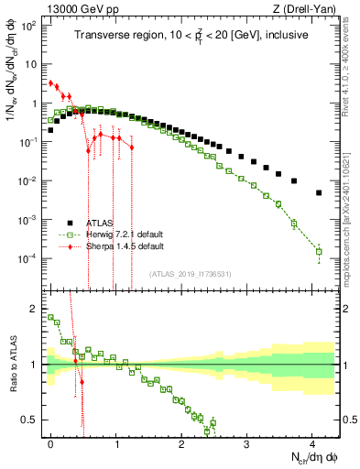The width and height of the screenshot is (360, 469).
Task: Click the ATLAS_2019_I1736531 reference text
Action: (x=191, y=274)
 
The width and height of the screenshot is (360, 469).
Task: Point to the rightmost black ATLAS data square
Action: (x=319, y=193)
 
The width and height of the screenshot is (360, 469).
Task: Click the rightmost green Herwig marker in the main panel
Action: (x=319, y=251)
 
